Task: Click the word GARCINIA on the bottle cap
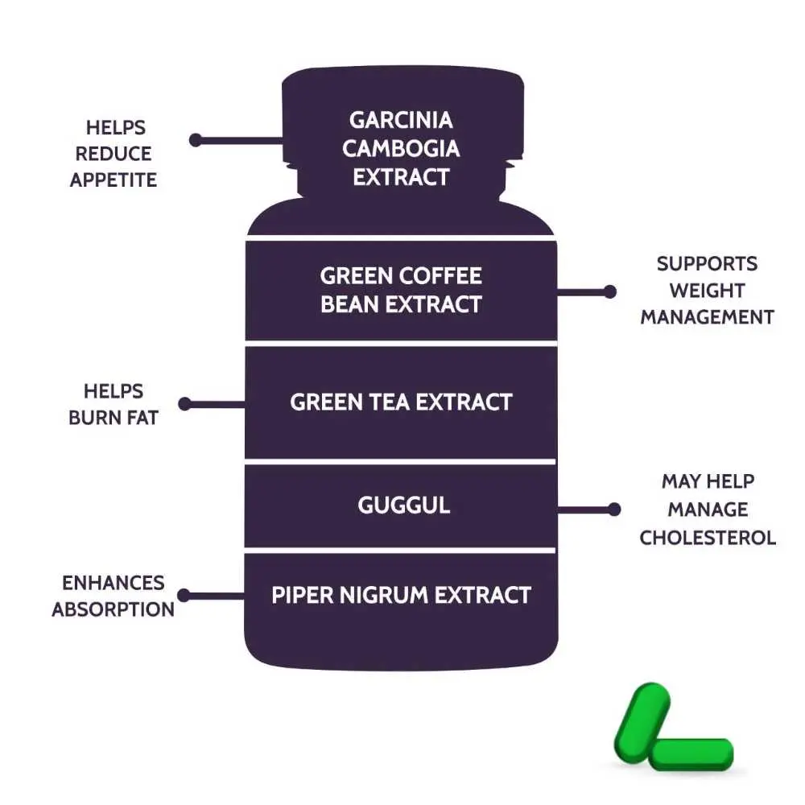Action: coord(401,120)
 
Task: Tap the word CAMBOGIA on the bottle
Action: coord(401,148)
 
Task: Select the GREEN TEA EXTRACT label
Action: coord(401,402)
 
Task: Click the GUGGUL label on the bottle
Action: coord(403,506)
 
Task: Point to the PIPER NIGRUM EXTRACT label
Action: coord(401,595)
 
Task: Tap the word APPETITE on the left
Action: coord(113,180)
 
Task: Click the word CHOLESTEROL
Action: coord(708,537)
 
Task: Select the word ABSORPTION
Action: coord(113,609)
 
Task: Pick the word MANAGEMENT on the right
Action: coord(707,317)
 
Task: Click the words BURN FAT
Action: coord(113,418)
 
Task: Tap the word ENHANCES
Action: coord(113,582)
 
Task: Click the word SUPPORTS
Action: coord(707,263)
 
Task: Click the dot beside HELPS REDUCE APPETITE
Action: coord(196,140)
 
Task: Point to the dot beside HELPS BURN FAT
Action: coord(184,403)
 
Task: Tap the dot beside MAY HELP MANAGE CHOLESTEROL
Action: coord(614,509)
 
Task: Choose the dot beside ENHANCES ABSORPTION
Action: coord(184,596)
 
